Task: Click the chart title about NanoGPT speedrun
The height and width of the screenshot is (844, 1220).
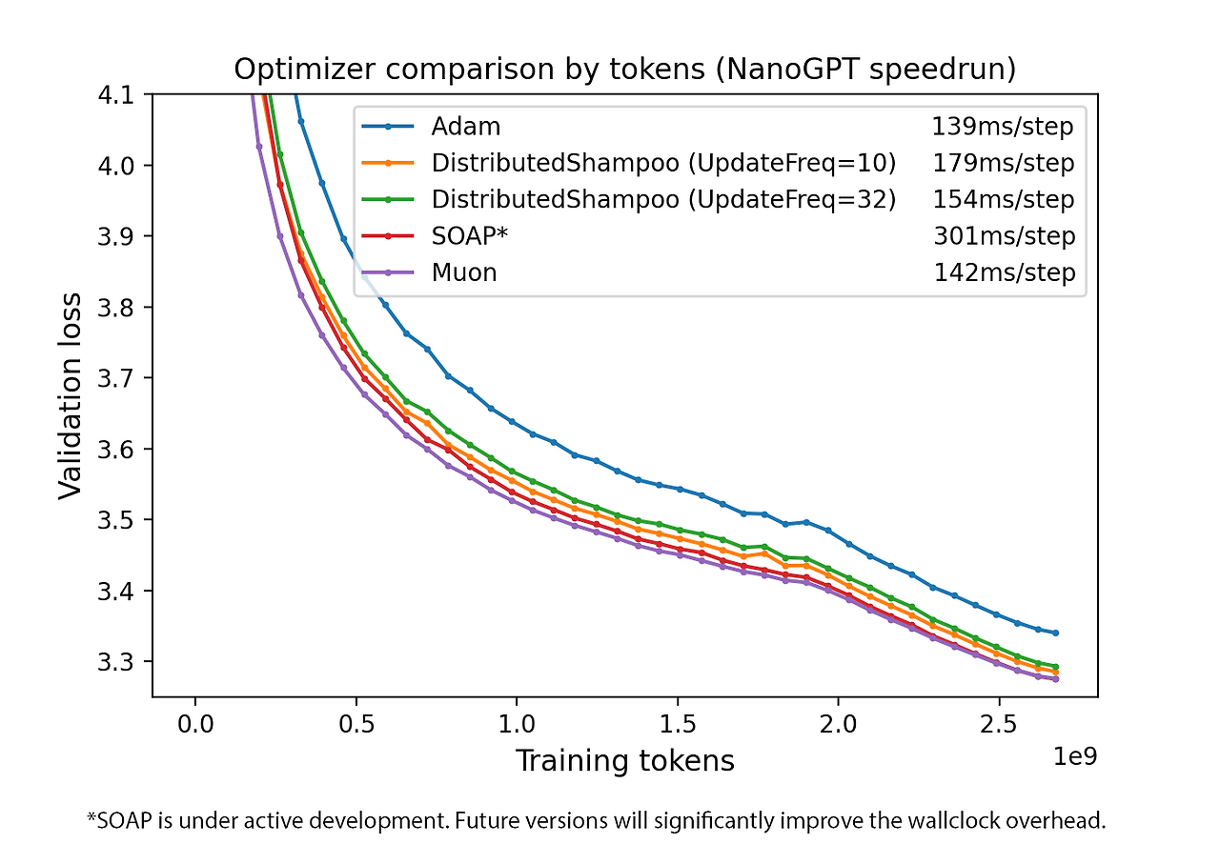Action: (625, 70)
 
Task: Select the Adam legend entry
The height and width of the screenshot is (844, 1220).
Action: (465, 127)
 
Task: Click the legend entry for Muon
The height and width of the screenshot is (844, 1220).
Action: (464, 273)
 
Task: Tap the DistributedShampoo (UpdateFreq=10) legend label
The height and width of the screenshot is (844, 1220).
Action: (663, 163)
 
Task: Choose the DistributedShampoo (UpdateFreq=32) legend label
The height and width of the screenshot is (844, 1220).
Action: (663, 200)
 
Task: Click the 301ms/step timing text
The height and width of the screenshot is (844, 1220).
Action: (1004, 237)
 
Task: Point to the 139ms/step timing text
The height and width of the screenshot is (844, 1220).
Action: (1003, 127)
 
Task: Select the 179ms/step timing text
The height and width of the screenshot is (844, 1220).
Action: (1004, 163)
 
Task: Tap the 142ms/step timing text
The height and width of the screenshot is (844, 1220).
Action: (1004, 273)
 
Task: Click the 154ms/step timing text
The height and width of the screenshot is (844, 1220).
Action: (1004, 200)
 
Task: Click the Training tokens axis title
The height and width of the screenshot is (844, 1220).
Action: (625, 761)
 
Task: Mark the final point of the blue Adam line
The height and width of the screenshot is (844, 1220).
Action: (1056, 633)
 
